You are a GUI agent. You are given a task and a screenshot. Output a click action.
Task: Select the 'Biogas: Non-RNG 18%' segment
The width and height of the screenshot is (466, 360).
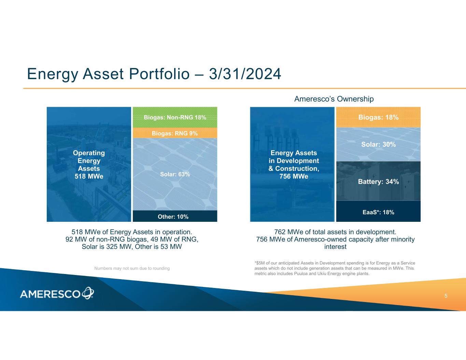[175, 117]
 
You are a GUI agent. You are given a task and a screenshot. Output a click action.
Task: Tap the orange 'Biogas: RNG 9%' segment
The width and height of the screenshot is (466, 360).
[175, 133]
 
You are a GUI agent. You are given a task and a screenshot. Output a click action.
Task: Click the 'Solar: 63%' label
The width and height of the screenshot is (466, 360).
[175, 174]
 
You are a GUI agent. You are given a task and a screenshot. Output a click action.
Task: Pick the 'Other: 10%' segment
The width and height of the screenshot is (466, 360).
[175, 216]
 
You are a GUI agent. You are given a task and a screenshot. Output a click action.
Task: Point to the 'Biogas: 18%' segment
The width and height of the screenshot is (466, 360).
[378, 117]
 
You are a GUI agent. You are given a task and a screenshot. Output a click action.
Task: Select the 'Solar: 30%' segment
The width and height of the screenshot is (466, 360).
[378, 144]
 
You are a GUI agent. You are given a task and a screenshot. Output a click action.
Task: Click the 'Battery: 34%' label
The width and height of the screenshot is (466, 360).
[378, 182]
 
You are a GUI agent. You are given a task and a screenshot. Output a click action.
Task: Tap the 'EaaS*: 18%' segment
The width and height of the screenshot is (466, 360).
[378, 212]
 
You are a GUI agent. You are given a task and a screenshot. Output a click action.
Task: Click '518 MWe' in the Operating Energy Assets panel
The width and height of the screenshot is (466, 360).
[89, 176]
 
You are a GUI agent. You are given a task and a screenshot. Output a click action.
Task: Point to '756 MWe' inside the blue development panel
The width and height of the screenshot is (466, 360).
[294, 176]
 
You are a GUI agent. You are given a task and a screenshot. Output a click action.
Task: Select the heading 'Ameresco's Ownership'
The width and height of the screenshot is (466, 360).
[334, 99]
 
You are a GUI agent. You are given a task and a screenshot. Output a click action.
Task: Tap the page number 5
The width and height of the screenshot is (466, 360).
[446, 296]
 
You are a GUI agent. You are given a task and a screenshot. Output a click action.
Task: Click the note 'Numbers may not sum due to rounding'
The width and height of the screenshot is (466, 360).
[132, 269]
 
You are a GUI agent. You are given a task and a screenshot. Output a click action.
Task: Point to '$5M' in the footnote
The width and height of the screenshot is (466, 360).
[260, 263]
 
